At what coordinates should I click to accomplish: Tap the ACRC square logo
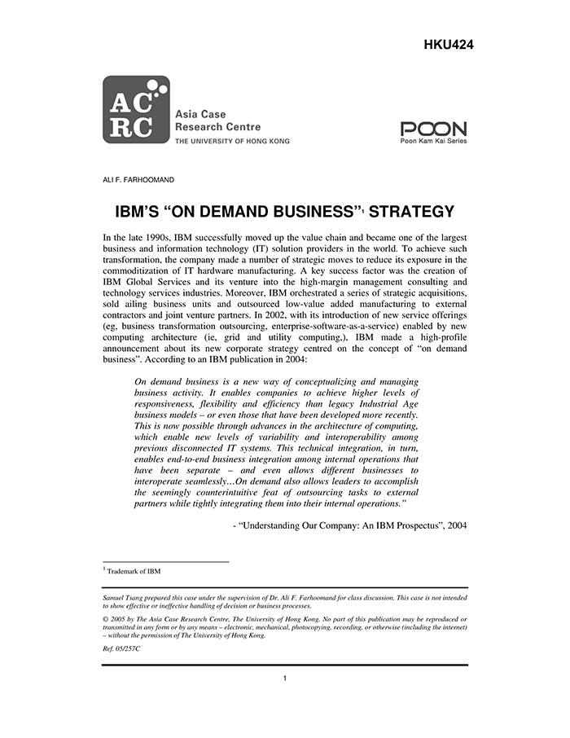(x=136, y=110)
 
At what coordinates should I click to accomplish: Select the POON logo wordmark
(x=433, y=129)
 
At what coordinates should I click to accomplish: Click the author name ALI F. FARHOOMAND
(x=138, y=179)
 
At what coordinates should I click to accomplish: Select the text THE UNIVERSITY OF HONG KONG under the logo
(x=232, y=141)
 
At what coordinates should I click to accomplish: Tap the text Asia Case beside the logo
(x=201, y=114)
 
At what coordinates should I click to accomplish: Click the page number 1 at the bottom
(x=285, y=678)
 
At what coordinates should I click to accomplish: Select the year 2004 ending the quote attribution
(x=453, y=526)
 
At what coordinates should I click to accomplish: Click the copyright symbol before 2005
(x=105, y=619)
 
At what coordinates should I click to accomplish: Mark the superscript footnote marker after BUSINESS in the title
(x=364, y=210)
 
